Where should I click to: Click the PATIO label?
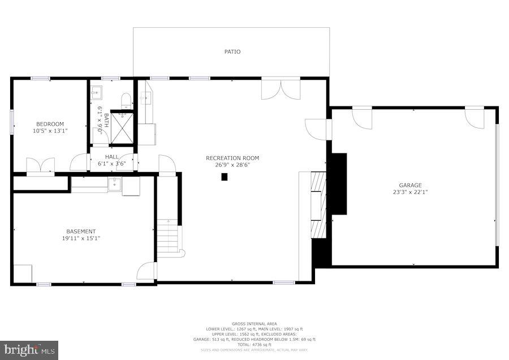click(x=232, y=52)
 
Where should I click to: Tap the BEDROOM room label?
click(x=50, y=124)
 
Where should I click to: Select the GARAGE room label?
click(x=410, y=185)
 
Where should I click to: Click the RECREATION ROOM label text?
click(x=232, y=158)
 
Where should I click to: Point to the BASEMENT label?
click(x=81, y=231)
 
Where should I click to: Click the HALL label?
click(x=111, y=157)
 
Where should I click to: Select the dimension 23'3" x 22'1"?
click(x=410, y=192)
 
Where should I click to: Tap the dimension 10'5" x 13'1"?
click(x=50, y=131)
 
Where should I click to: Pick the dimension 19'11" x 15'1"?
click(x=81, y=238)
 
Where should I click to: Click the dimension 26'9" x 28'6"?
click(x=232, y=165)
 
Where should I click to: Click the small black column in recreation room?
click(x=224, y=177)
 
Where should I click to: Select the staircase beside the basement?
click(x=169, y=238)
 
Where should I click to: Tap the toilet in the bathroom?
click(x=126, y=101)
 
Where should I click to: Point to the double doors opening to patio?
click(x=281, y=89)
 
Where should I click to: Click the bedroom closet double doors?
click(x=41, y=165)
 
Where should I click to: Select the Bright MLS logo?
click(x=29, y=350)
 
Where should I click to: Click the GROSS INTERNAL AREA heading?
click(x=254, y=324)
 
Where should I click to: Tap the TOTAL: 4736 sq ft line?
click(x=254, y=344)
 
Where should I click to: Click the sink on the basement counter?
click(x=114, y=183)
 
